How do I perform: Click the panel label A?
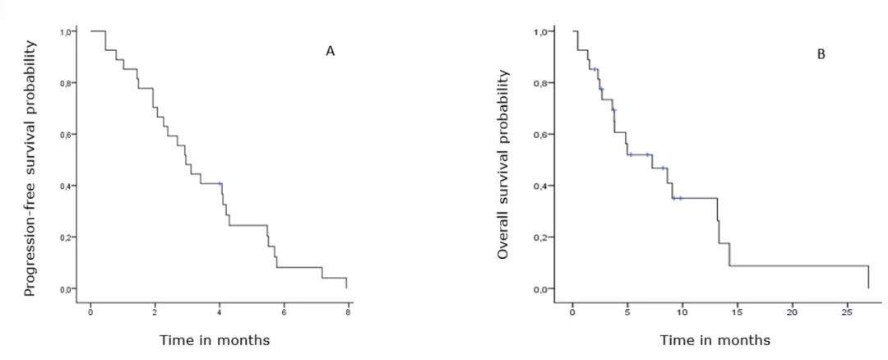click(x=331, y=51)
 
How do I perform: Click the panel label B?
click(x=821, y=55)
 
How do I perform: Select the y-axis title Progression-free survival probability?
click(x=30, y=170)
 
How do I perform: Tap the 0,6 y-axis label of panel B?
click(x=541, y=135)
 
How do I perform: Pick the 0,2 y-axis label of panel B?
click(x=541, y=238)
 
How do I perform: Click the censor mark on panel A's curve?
click(x=220, y=183)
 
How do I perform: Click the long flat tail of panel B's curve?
click(x=798, y=265)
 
